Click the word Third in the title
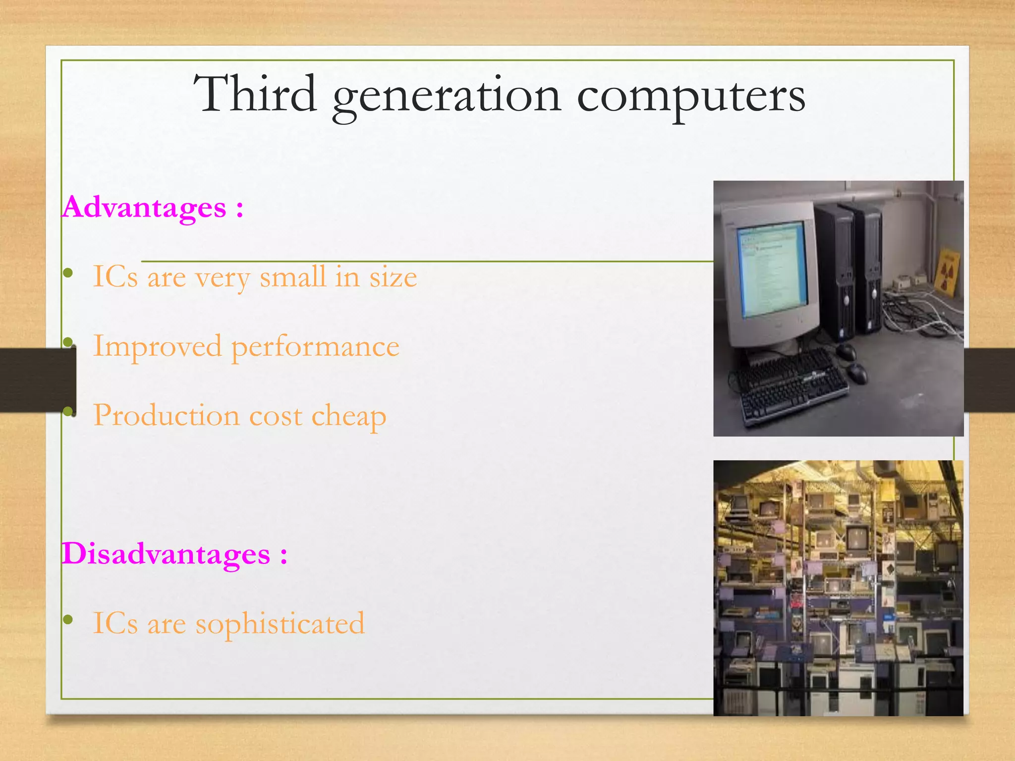pyautogui.click(x=255, y=94)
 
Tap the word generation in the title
pyautogui.click(x=447, y=97)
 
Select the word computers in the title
pyautogui.click(x=691, y=97)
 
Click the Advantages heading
pyautogui.click(x=144, y=207)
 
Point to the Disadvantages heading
pyautogui.click(x=166, y=553)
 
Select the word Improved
pyautogui.click(x=157, y=346)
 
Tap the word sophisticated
pyautogui.click(x=280, y=624)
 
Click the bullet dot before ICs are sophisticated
pyautogui.click(x=68, y=619)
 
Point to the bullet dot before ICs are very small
pyautogui.click(x=68, y=272)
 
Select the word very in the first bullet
pyautogui.click(x=222, y=278)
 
